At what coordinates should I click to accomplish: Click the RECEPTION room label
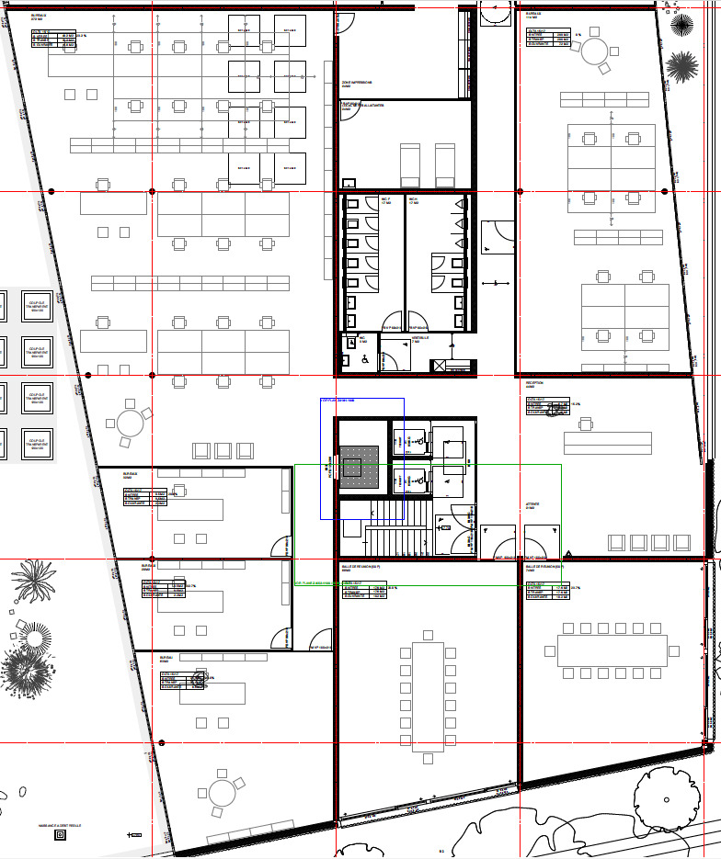click(535, 384)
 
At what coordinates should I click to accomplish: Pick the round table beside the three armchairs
click(131, 424)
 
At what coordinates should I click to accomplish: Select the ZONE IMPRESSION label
click(357, 84)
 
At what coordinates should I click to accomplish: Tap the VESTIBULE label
click(418, 339)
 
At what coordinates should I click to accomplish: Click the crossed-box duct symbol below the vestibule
click(439, 366)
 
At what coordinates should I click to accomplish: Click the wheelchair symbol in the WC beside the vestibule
click(364, 360)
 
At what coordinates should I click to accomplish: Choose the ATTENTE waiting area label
click(532, 503)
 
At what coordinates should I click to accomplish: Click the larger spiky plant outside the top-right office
click(681, 67)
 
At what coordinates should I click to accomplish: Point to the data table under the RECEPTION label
click(546, 407)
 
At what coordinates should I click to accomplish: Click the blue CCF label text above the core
click(338, 401)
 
